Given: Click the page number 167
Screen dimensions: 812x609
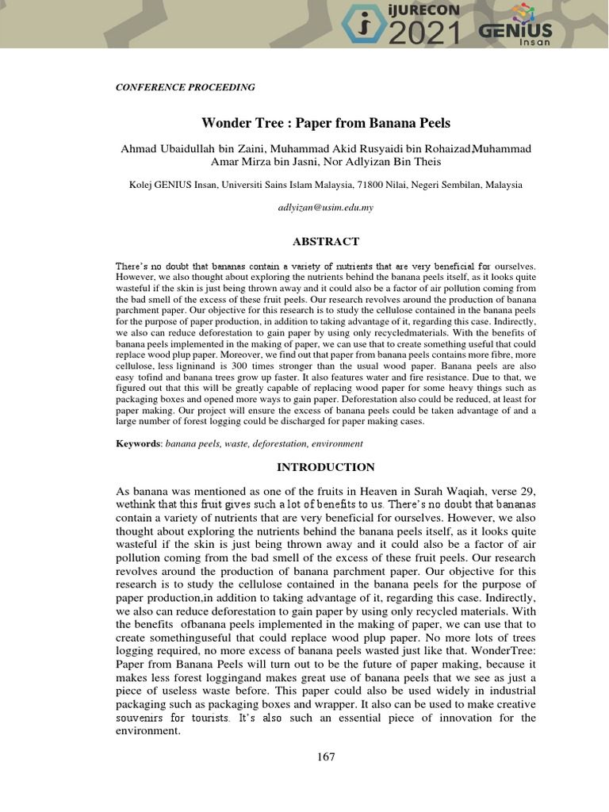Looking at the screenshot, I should click(326, 756).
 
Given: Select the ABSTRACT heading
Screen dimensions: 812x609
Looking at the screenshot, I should click(326, 241).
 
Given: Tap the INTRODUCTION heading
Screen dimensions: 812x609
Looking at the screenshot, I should click(326, 467).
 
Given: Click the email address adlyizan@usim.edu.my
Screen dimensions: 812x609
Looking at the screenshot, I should click(326, 208).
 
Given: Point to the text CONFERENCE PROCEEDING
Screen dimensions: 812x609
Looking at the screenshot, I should click(186, 86).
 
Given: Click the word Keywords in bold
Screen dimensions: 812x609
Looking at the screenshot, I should click(139, 444).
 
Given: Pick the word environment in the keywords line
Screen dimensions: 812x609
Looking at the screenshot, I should click(337, 444).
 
